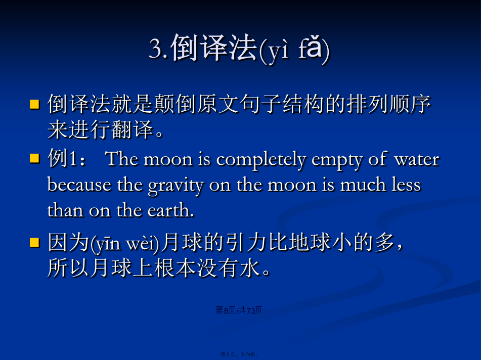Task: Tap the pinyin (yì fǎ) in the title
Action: (x=294, y=50)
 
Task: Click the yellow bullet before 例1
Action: (x=34, y=159)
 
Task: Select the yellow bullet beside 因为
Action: (x=34, y=242)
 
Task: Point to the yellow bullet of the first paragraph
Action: (x=34, y=104)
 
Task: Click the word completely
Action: (x=261, y=160)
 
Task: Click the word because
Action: (x=79, y=185)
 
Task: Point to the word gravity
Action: (x=176, y=186)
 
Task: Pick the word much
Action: (x=363, y=185)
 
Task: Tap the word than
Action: (x=65, y=210)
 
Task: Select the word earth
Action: (x=170, y=210)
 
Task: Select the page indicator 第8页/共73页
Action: (x=239, y=310)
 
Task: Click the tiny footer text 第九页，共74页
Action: (x=239, y=354)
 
